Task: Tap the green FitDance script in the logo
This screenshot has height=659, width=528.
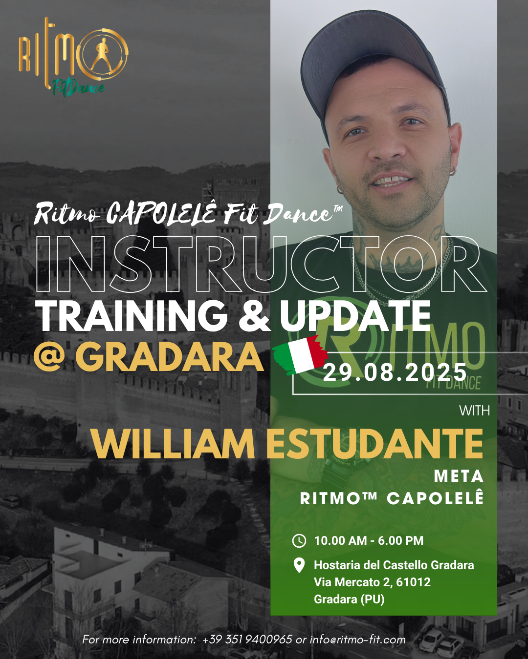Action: [79, 88]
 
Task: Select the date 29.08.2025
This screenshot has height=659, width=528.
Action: [395, 372]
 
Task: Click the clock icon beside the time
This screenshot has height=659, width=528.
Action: [299, 541]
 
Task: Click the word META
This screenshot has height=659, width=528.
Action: [459, 476]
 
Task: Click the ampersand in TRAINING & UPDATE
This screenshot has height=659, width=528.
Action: [255, 316]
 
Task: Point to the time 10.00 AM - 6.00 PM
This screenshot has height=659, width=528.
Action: [369, 541]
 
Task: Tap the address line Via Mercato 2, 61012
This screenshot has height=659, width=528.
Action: [372, 582]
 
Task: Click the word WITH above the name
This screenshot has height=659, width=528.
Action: [474, 411]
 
